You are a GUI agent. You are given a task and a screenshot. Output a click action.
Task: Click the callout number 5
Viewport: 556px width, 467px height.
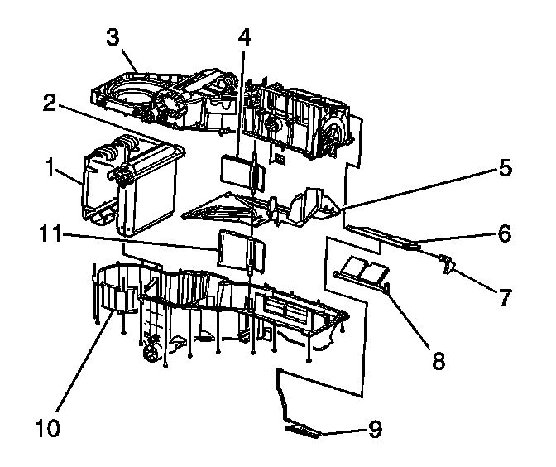pos(505,168)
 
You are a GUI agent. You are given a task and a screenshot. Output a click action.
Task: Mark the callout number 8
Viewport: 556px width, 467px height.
pos(438,360)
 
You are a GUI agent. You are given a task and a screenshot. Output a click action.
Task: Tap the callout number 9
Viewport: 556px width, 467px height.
pos(375,430)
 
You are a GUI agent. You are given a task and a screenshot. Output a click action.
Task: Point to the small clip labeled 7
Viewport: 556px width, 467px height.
pos(448,263)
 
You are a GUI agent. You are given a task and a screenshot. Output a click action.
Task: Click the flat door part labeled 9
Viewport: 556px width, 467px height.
pos(304,431)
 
